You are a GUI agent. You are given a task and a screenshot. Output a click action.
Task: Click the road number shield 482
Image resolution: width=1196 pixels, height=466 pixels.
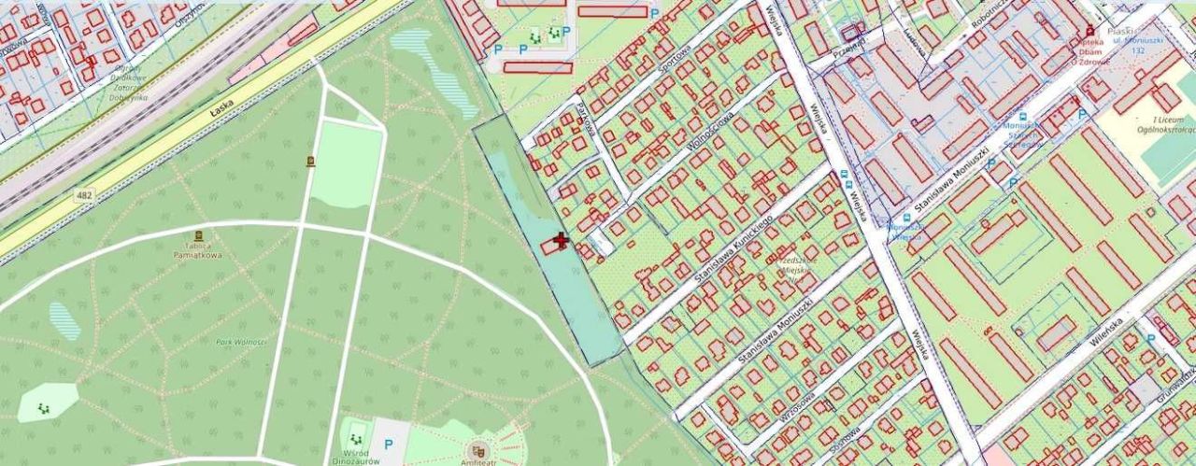pos(86,193)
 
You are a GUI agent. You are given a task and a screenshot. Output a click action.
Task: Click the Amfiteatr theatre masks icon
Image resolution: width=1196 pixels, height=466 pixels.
pos(479,449)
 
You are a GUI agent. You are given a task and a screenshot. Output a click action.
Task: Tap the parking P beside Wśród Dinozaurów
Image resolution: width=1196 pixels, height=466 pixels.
pos(388,445)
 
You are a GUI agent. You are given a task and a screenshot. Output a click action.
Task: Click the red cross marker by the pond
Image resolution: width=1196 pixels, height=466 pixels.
pos(561,242)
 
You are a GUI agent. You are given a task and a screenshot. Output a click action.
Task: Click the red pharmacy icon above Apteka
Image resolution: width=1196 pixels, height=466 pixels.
pos(1089,31)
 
